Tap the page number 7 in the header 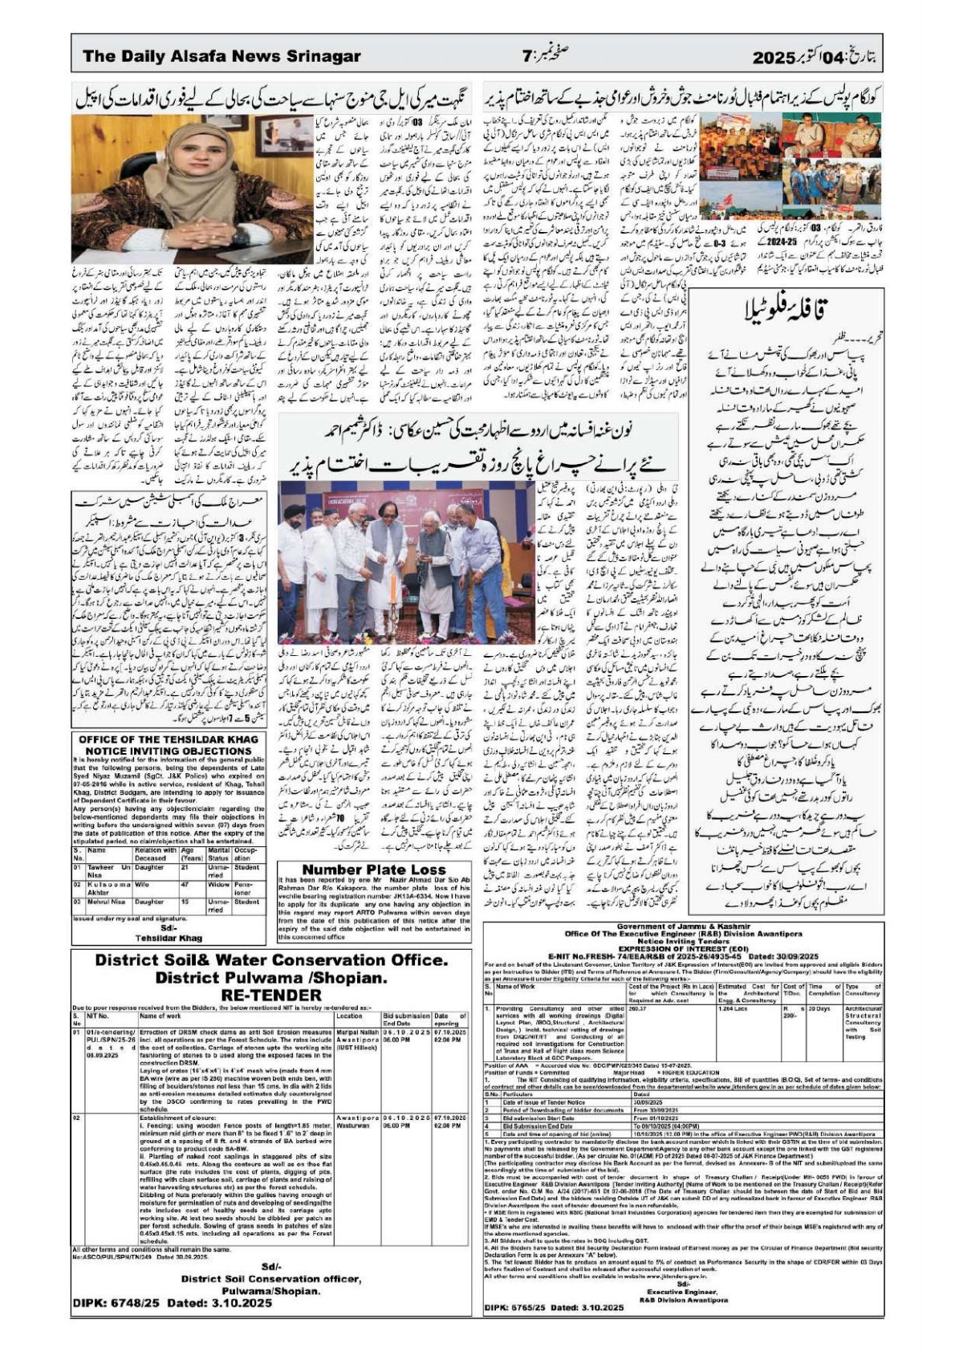tap(527, 57)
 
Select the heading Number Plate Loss tap(373, 869)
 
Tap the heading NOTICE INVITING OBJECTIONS tap(173, 751)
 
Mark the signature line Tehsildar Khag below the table tap(169, 938)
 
